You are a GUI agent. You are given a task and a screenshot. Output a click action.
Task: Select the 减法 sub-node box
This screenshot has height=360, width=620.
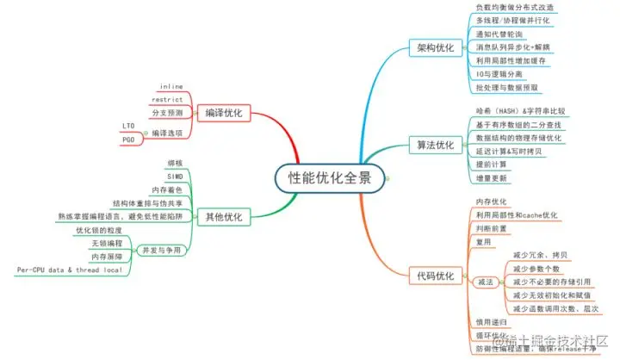pyautogui.click(x=482, y=281)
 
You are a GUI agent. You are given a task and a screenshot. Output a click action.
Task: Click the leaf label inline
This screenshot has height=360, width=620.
pyautogui.click(x=171, y=86)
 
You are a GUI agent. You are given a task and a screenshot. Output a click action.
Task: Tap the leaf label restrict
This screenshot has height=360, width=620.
pyautogui.click(x=166, y=99)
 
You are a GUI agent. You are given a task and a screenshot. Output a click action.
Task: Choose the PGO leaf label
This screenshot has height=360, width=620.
pyautogui.click(x=129, y=140)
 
